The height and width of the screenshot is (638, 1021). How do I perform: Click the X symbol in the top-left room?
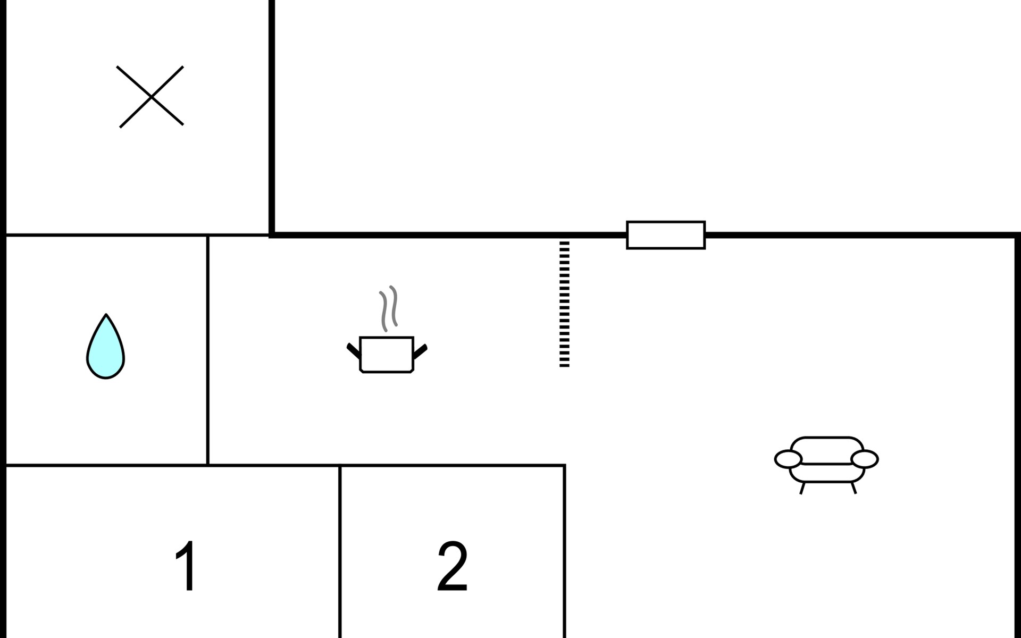pos(151,97)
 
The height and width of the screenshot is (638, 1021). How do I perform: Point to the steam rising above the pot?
pos(388,308)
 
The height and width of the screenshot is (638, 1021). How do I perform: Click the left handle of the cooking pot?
pos(353,350)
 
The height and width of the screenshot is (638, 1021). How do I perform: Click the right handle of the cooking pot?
pos(420,351)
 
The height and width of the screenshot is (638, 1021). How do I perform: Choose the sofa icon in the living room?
pos(826,460)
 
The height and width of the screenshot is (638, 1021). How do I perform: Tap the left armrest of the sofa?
pos(788,459)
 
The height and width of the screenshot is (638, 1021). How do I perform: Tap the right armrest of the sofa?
pos(864,459)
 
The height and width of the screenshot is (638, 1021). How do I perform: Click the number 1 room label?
pos(186,566)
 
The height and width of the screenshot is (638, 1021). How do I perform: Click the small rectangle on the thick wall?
pos(665,235)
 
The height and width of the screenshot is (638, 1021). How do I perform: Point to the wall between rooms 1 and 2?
pos(340,553)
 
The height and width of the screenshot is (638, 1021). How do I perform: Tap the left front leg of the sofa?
pos(802,488)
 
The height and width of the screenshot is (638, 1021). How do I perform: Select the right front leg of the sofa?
pos(853,488)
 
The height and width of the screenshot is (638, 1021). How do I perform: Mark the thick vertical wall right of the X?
pos(272,117)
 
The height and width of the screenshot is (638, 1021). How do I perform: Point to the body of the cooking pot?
pos(387,355)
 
